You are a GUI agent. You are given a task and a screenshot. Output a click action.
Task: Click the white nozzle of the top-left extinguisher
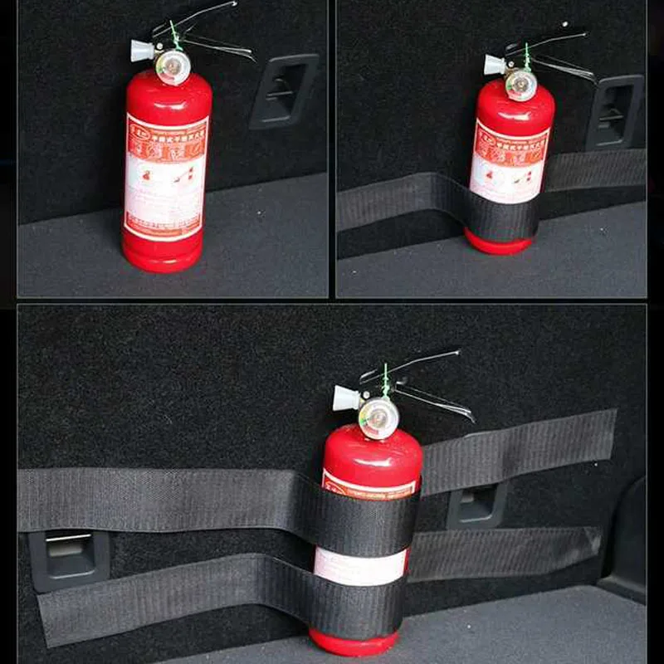click(143, 50)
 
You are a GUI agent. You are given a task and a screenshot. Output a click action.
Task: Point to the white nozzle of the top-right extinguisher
click(495, 65)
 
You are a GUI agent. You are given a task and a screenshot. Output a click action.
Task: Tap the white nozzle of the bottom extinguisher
click(345, 398)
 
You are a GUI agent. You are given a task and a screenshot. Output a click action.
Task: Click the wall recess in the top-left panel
click(284, 90)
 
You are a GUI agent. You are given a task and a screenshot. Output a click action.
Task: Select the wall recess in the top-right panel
click(615, 111)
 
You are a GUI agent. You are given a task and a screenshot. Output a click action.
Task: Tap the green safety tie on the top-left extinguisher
click(174, 35)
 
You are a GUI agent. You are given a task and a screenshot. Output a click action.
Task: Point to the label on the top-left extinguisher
click(166, 174)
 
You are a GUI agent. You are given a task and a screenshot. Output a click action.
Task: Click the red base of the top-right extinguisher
click(498, 242)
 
